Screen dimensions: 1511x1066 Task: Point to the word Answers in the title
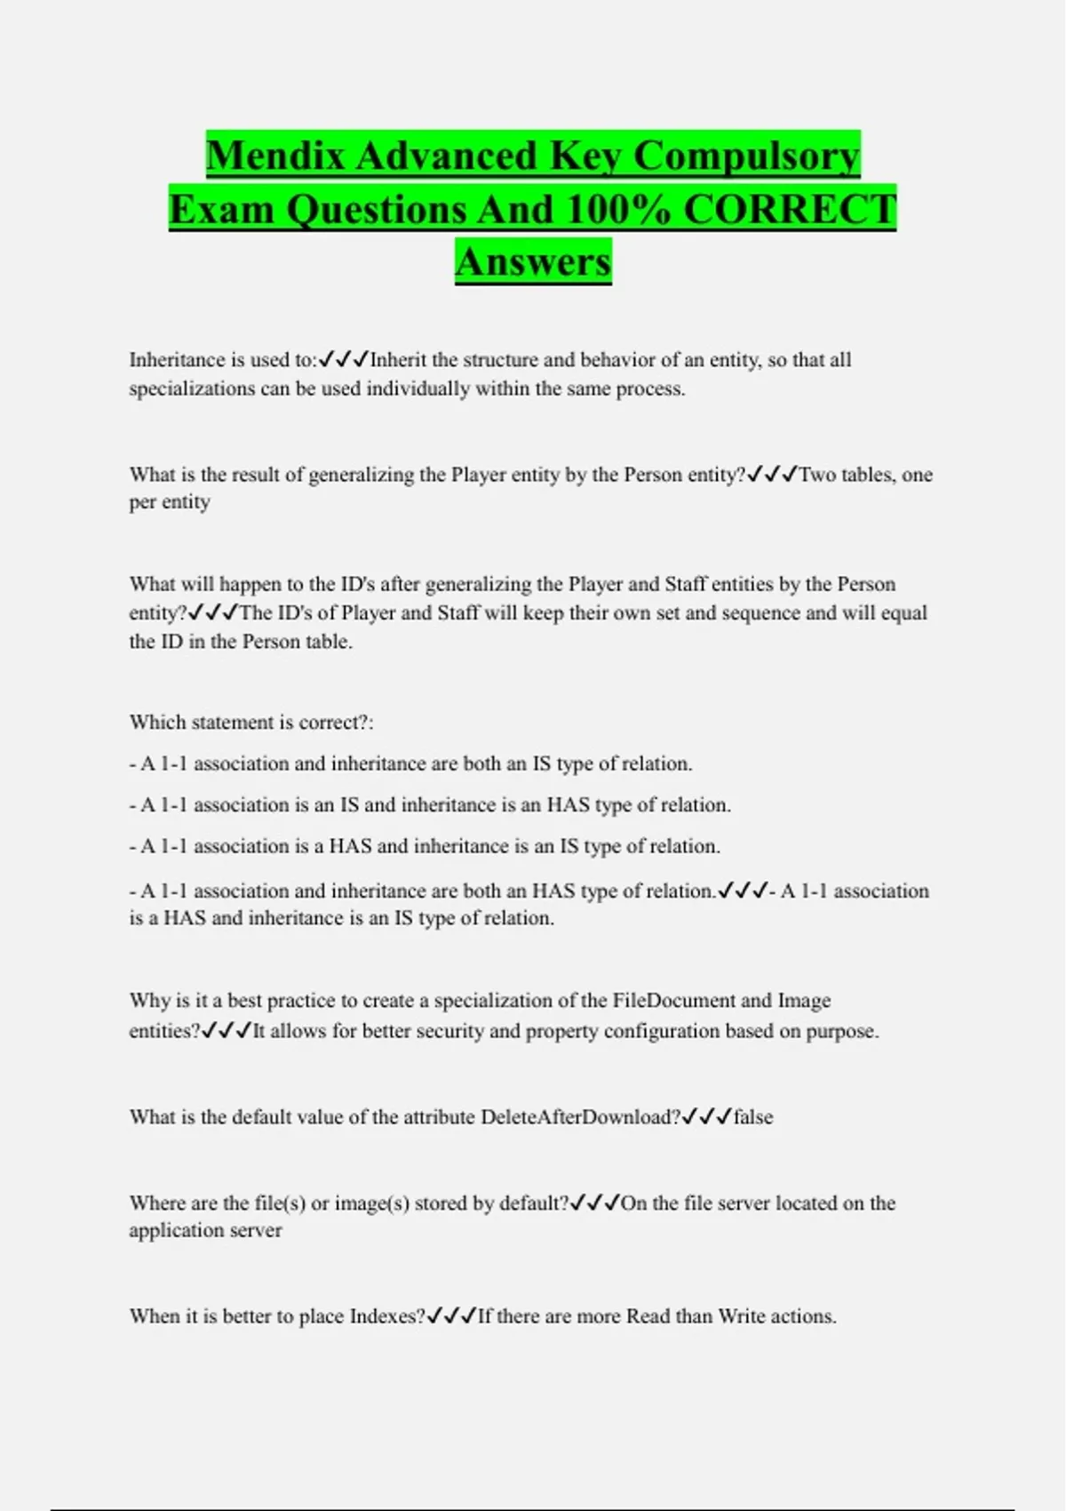pyautogui.click(x=533, y=262)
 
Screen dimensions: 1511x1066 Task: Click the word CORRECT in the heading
pyautogui.click(x=790, y=210)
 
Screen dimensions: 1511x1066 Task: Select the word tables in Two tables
pyautogui.click(x=864, y=475)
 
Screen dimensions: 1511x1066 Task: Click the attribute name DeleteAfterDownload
pyautogui.click(x=579, y=1117)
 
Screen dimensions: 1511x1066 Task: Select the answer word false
pyautogui.click(x=753, y=1117)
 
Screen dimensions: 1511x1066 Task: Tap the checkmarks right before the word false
pyautogui.click(x=707, y=1116)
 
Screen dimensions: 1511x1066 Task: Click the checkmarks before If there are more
pyautogui.click(x=451, y=1315)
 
